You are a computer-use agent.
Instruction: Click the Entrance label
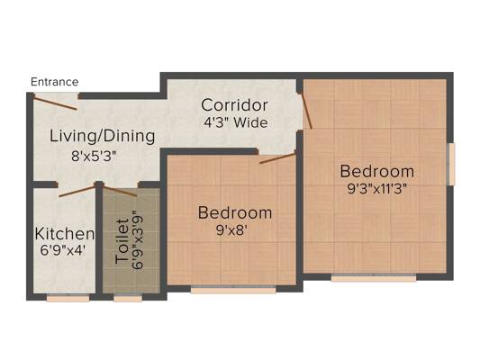[55, 82]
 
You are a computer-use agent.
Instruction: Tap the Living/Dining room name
[103, 136]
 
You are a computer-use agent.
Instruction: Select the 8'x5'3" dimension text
[94, 157]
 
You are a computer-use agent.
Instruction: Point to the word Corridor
[234, 105]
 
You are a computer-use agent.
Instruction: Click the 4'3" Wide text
[236, 122]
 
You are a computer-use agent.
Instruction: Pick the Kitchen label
[64, 234]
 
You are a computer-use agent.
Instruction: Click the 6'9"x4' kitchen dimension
[62, 250]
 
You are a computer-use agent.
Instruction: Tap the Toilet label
[122, 241]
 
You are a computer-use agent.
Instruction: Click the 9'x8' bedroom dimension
[231, 230]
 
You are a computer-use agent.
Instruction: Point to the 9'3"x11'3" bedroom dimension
[376, 189]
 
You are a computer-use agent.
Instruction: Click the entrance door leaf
[55, 103]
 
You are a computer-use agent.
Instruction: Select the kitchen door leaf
[77, 191]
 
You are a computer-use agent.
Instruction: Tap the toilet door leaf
[120, 191]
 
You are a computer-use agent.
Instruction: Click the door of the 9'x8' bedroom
[277, 157]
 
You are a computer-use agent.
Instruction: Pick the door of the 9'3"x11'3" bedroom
[306, 111]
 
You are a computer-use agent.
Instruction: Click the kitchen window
[68, 298]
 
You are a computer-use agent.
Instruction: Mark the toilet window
[128, 298]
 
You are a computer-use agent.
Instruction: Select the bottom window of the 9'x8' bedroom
[233, 289]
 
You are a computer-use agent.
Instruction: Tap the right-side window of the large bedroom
[451, 164]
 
